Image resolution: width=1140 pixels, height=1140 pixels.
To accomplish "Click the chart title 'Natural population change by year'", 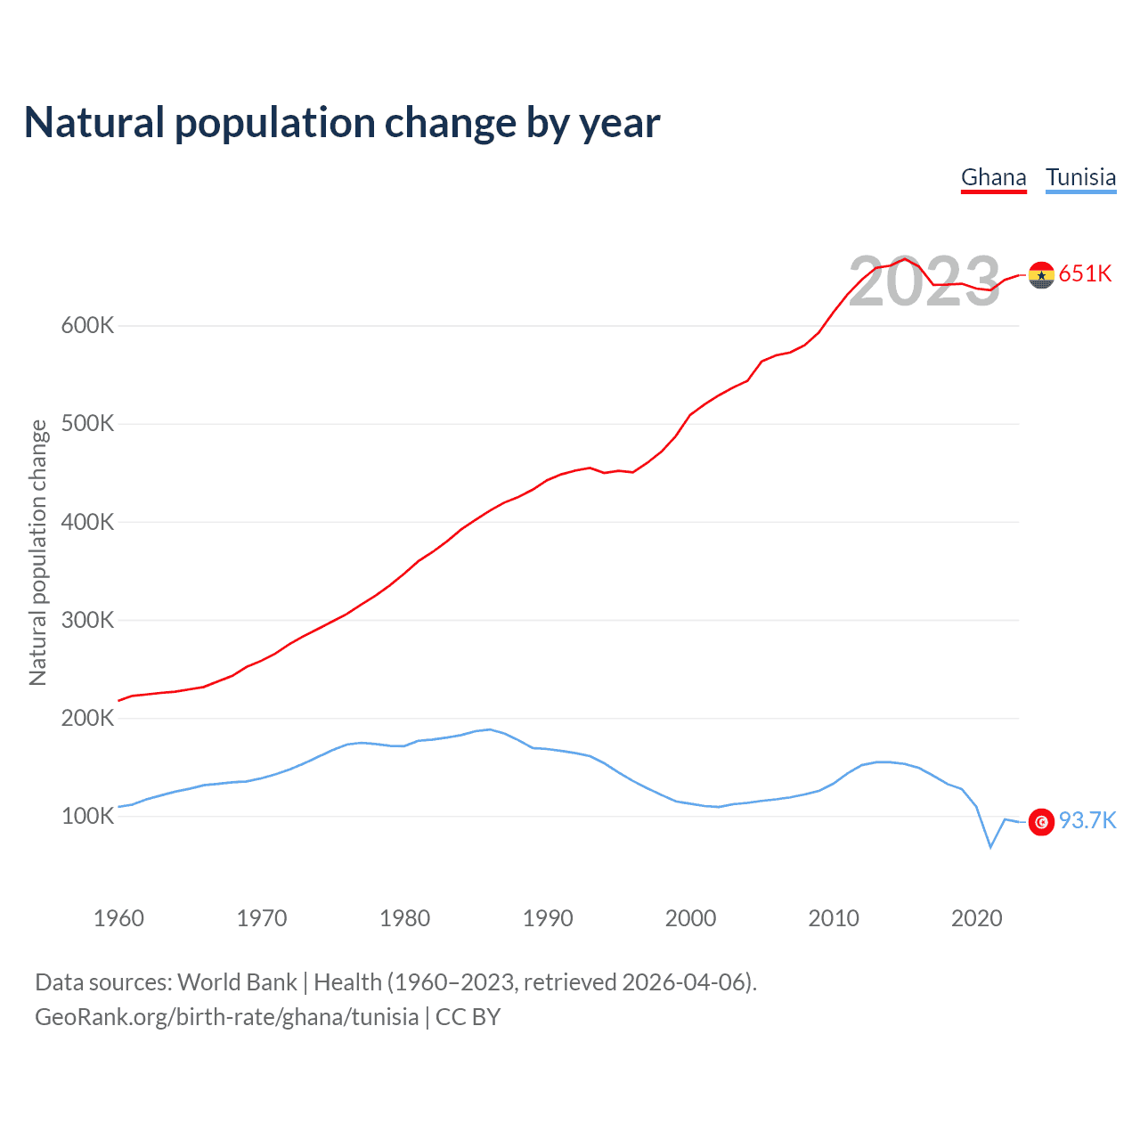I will (x=342, y=123).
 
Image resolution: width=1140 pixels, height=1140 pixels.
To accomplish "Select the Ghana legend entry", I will (x=993, y=177).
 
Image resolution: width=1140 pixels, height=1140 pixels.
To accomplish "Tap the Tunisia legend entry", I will (x=1080, y=177).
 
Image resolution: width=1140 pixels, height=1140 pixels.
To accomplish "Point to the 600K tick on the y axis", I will (x=87, y=326).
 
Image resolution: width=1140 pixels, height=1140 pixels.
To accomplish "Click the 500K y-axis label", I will (x=87, y=424).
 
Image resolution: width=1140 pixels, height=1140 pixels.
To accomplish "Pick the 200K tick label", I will (x=87, y=718).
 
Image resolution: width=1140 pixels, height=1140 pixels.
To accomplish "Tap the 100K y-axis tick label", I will (x=87, y=816).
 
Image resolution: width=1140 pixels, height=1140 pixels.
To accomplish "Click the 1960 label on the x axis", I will (x=118, y=918).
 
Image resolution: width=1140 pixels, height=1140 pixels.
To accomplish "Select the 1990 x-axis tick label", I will (x=548, y=918).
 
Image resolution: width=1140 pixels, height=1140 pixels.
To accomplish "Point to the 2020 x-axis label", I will (x=977, y=918).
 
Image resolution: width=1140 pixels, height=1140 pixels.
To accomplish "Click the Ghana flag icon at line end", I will (x=1041, y=275).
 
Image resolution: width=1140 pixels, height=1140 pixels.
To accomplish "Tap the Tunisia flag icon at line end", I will (x=1041, y=821).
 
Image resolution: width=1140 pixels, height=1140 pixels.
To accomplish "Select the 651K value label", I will (x=1086, y=274).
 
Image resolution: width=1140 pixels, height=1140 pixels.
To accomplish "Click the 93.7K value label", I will (x=1087, y=820).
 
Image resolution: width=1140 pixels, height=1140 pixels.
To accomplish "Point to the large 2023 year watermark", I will (x=924, y=282).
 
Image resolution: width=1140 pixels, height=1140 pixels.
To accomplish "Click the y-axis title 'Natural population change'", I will (x=38, y=552).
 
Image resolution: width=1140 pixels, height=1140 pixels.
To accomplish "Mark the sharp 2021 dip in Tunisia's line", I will (x=990, y=846).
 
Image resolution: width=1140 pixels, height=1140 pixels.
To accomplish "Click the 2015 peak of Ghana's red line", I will (x=905, y=259).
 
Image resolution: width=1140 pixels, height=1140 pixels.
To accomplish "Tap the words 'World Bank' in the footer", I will (x=237, y=982).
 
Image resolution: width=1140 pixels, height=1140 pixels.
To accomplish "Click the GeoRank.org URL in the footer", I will (x=226, y=1017).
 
